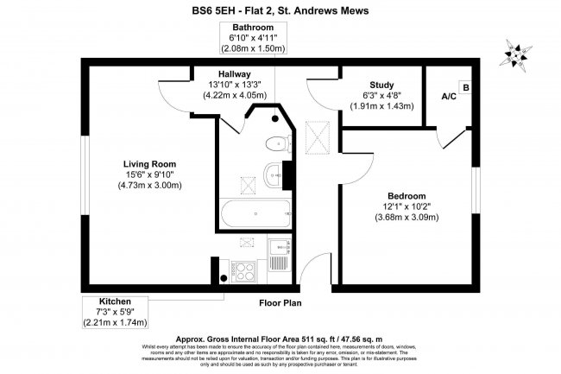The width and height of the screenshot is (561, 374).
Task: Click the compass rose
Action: click(x=519, y=54)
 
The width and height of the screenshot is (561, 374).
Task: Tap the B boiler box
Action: click(x=466, y=87)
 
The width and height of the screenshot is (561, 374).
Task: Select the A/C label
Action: click(x=450, y=97)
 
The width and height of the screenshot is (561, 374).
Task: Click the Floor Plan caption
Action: click(x=280, y=303)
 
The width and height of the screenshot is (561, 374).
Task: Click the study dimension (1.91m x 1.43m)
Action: click(x=381, y=106)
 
